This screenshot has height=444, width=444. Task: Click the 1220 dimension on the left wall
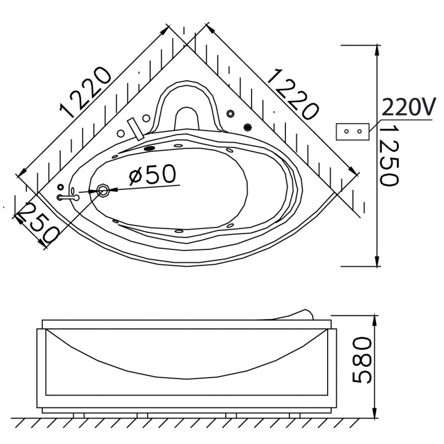click(x=86, y=92)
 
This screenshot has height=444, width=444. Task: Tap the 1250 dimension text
click(x=390, y=156)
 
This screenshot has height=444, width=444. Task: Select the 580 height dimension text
click(x=362, y=360)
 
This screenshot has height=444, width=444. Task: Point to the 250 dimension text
click(x=40, y=224)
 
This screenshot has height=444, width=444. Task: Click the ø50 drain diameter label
click(x=152, y=175)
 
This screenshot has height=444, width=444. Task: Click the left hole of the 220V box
click(x=346, y=132)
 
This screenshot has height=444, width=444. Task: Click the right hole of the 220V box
click(x=359, y=132)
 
